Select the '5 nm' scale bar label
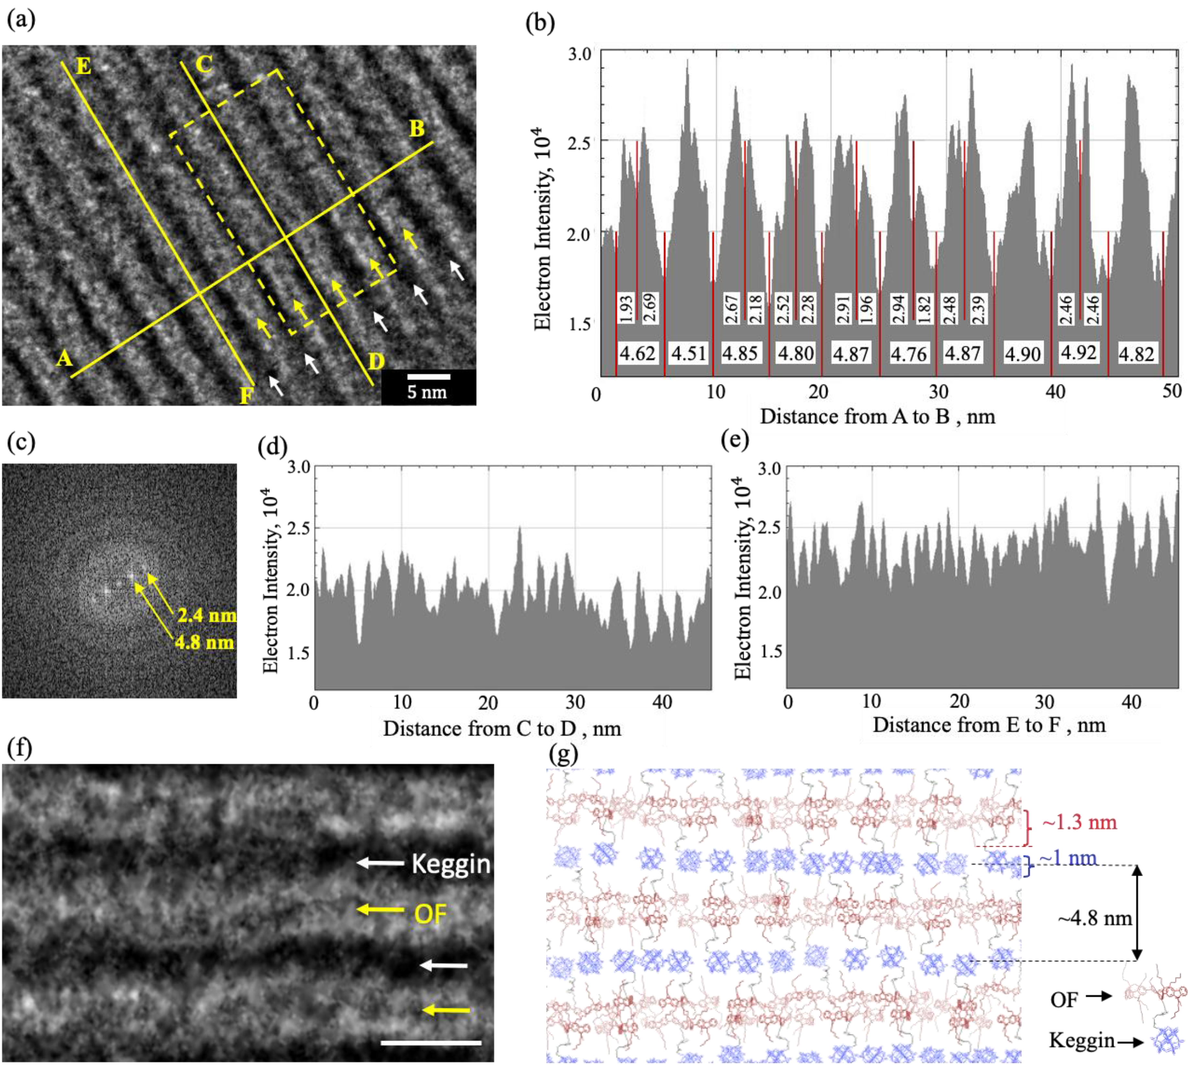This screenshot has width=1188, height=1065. [427, 392]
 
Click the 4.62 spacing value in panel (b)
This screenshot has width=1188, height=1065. [638, 353]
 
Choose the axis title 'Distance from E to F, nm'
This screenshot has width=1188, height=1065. [989, 725]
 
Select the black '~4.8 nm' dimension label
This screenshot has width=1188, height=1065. [1094, 918]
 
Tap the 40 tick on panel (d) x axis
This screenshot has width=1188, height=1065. [663, 702]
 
